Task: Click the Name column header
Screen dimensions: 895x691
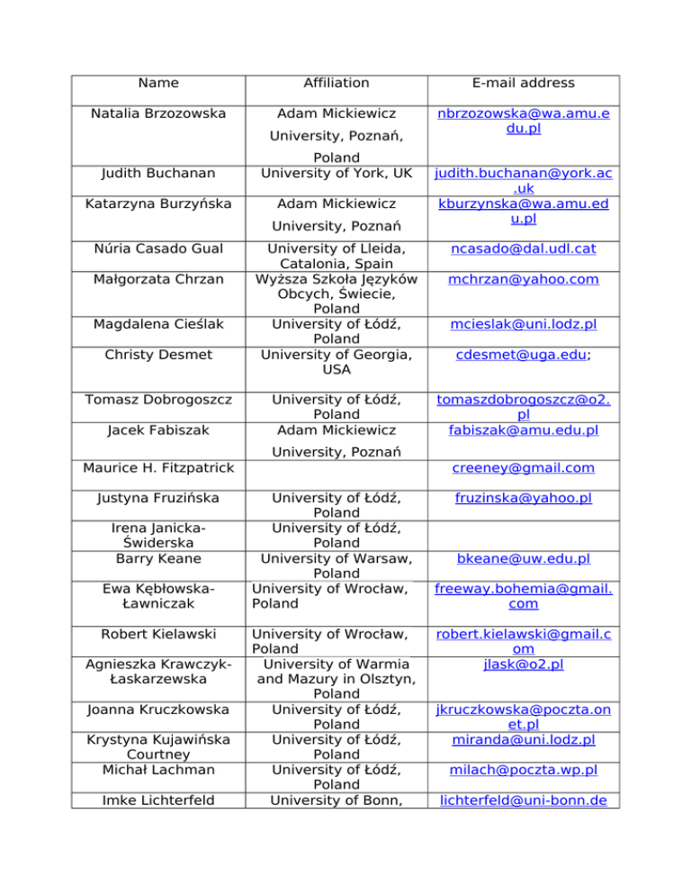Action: (158, 83)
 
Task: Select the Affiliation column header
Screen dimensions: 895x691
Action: (337, 83)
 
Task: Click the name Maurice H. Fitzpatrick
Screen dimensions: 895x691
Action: (158, 468)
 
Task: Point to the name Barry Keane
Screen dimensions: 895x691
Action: (158, 558)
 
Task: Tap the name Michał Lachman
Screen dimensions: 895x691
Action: (158, 773)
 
